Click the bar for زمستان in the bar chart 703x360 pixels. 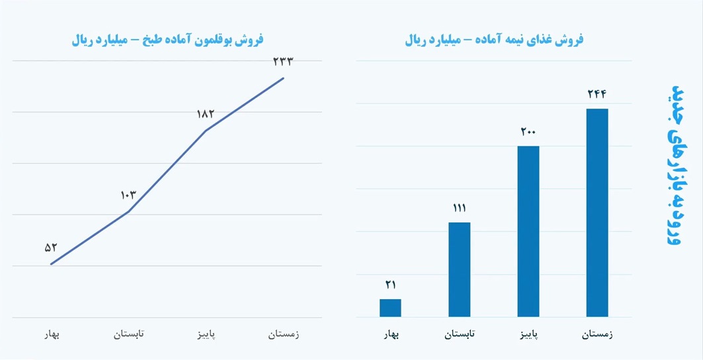point(597,212)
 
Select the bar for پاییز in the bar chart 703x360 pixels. point(528,231)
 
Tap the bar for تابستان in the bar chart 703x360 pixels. point(459,269)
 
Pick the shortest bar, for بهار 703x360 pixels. point(390,308)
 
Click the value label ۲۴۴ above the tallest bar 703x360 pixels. point(597,94)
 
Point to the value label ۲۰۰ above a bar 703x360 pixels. point(528,132)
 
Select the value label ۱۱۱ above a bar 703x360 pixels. point(459,208)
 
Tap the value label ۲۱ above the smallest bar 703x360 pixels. point(390,285)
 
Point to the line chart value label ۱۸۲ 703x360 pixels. point(206,114)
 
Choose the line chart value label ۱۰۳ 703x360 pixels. point(128,195)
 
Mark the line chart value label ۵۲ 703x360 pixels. point(51,247)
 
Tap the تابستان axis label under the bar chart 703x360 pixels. point(459,335)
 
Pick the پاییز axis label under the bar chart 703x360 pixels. point(528,335)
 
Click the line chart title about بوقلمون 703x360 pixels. point(167,40)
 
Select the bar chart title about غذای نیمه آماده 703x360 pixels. point(494,40)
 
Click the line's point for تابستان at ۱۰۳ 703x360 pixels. point(128,212)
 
